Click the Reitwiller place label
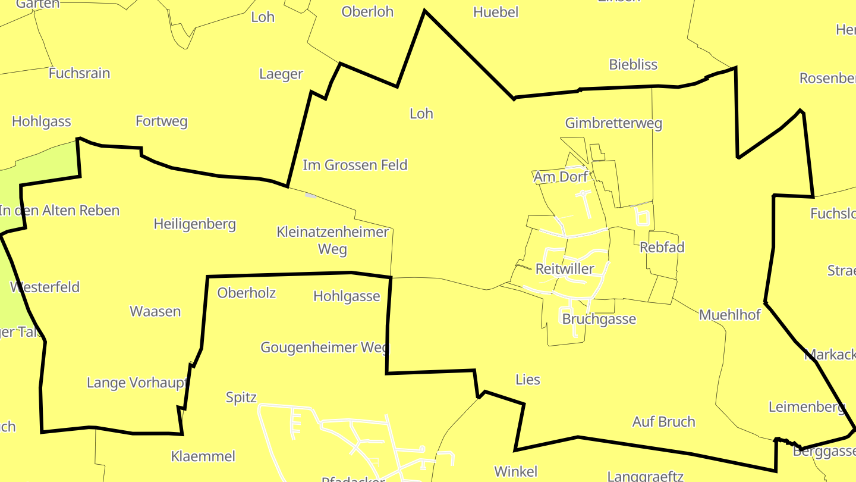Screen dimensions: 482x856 click(564, 269)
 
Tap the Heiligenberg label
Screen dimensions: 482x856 click(194, 224)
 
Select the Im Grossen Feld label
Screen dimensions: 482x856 click(355, 165)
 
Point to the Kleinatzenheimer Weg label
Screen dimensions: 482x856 click(332, 240)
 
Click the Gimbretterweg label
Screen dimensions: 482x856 click(613, 123)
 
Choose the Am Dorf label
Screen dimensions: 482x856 click(561, 177)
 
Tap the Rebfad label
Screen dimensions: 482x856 click(662, 247)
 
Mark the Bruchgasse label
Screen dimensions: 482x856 click(599, 319)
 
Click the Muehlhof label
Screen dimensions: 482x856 click(729, 315)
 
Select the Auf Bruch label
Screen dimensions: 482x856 click(663, 422)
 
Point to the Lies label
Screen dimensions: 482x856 click(527, 380)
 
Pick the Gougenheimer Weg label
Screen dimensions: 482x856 click(324, 348)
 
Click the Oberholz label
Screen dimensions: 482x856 click(246, 293)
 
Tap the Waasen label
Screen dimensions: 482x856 click(155, 311)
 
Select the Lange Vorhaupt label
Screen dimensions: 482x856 click(137, 383)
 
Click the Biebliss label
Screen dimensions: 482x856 click(633, 64)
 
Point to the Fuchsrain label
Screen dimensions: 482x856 click(79, 73)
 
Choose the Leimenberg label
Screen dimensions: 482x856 click(806, 407)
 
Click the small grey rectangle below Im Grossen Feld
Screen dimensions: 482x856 click(310, 195)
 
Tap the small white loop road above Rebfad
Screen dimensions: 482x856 click(641, 215)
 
